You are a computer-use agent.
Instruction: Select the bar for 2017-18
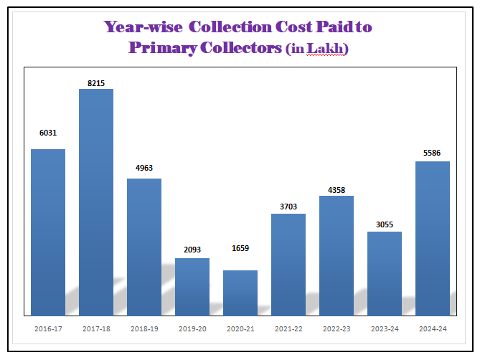[96, 202]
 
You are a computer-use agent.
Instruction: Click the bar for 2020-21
[240, 293]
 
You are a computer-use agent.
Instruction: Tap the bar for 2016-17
[48, 232]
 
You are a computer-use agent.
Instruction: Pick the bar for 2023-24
[385, 273]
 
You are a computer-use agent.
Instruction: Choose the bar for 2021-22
[288, 264]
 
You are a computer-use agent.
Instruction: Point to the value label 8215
[96, 83]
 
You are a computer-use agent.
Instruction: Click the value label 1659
[240, 248]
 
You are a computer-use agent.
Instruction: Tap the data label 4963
[144, 168]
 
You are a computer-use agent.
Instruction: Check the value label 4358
[337, 190]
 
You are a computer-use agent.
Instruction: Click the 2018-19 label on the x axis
[144, 328]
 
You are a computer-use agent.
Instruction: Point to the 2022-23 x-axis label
[337, 328]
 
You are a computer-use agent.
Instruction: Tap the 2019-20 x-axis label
[192, 328]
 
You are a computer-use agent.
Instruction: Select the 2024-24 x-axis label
[433, 328]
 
